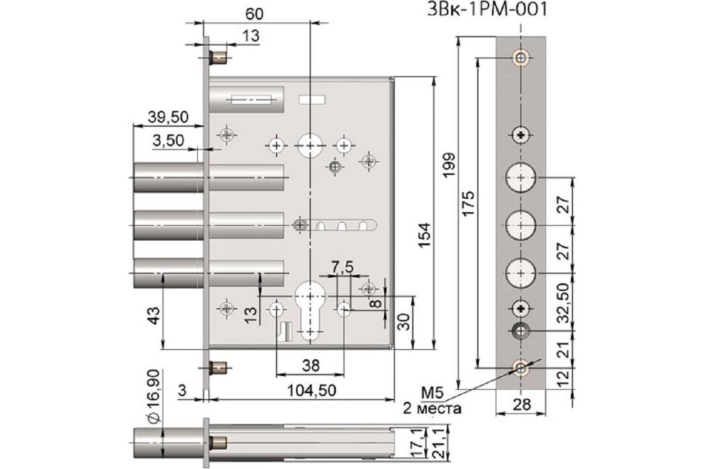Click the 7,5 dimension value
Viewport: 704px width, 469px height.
pos(342,267)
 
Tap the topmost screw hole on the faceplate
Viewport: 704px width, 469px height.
pos(521,57)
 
